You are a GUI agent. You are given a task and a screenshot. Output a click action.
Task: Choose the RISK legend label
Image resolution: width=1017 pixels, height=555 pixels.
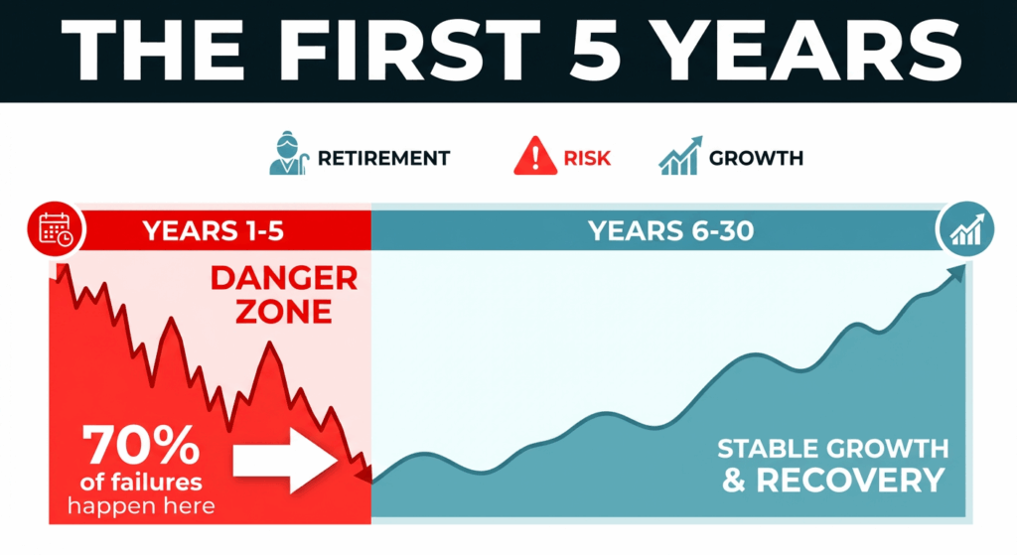[587, 159]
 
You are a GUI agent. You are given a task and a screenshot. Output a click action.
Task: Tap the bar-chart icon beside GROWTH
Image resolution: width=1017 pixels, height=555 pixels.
[679, 157]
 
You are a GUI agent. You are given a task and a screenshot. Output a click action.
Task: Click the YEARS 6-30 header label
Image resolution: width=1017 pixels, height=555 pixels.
[670, 232]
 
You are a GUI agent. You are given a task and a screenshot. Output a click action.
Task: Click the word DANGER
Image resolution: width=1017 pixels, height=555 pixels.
[283, 278]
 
